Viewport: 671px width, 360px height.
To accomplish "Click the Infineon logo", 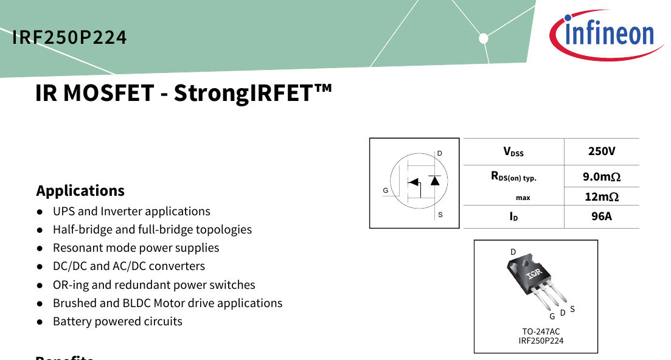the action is point(606,34).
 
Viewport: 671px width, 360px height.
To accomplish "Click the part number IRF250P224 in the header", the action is point(69,38).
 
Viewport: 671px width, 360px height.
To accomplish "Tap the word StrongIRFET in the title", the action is point(253,93).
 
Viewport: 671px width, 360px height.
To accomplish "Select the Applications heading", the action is point(80,190).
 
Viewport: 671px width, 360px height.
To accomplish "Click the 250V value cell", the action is point(602,151).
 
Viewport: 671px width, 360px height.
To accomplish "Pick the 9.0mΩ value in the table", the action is point(602,176).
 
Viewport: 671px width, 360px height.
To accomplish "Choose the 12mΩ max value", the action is point(602,196).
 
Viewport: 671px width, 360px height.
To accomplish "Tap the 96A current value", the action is point(602,216).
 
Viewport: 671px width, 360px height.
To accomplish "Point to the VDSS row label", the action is point(513,152).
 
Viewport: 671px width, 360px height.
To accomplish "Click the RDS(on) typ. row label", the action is point(513,176).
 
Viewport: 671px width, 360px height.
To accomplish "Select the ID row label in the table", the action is point(513,216).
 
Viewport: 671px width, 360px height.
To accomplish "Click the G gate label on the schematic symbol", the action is point(386,191).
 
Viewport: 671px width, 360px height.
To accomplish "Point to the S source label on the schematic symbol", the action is point(440,215).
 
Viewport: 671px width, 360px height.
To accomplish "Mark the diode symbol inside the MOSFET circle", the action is point(435,181).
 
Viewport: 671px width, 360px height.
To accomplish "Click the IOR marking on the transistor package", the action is point(534,273).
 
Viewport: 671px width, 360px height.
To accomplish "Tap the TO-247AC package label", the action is point(541,331).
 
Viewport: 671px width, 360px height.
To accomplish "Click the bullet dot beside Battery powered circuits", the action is point(40,322).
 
